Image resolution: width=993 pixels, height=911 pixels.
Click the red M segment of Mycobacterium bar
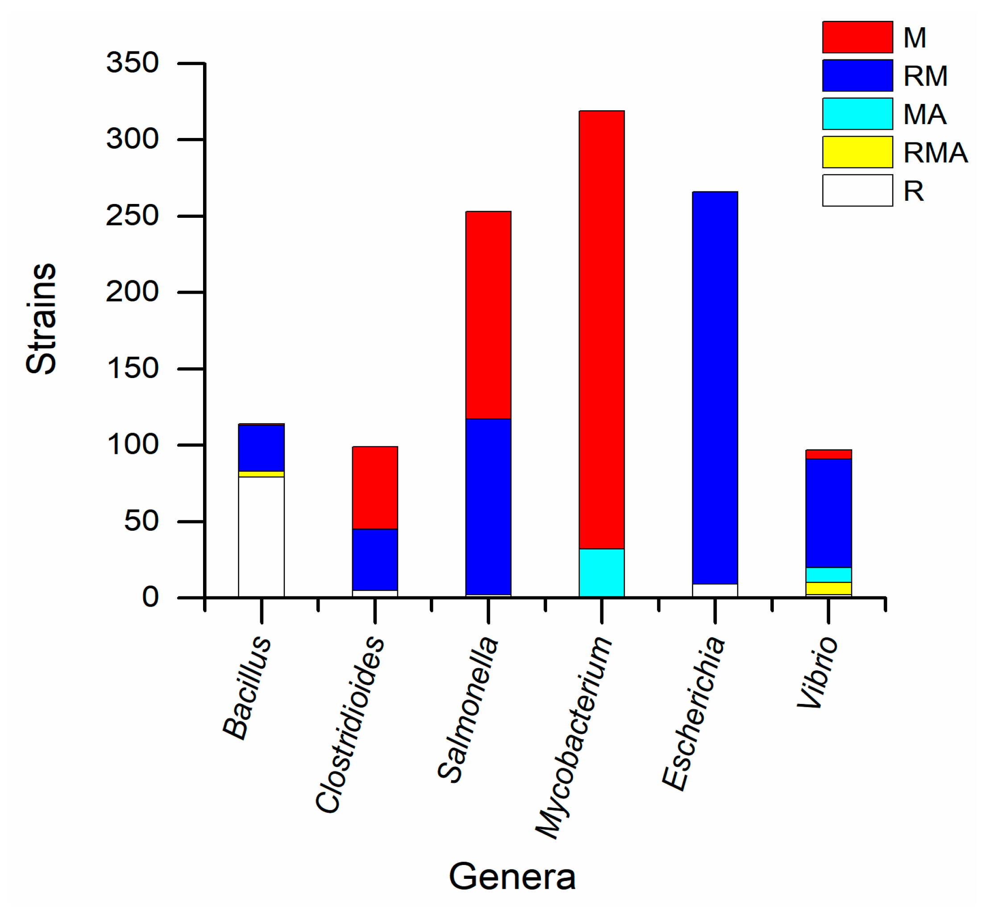tap(601, 329)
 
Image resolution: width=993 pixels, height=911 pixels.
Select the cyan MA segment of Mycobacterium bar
tap(601, 572)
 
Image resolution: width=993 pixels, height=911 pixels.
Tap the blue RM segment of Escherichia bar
tap(715, 387)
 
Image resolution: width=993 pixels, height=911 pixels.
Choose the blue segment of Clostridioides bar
tap(374, 560)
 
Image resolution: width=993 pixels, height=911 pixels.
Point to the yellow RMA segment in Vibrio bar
tap(828, 588)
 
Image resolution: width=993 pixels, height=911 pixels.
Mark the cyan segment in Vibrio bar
tap(828, 575)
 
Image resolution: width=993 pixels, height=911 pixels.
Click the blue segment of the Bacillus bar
tap(261, 448)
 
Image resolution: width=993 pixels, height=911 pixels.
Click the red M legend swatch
tap(857, 37)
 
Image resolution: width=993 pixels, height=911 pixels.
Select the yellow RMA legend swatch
tap(857, 152)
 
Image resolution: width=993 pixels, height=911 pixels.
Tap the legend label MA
tap(925, 114)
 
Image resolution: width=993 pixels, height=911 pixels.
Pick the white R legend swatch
tap(857, 190)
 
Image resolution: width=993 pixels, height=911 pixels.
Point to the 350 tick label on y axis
tap(132, 62)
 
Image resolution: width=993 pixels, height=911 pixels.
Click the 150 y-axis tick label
tap(132, 368)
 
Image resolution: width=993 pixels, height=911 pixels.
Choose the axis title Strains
tap(42, 319)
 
